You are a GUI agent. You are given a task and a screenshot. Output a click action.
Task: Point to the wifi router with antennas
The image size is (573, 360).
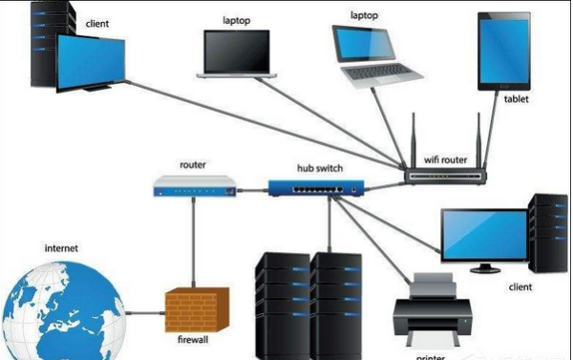444,175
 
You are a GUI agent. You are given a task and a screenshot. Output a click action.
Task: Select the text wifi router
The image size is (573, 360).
445,161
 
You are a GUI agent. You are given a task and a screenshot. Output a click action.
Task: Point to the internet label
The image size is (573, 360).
61,249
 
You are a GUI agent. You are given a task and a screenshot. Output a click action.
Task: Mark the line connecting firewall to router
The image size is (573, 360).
194,243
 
